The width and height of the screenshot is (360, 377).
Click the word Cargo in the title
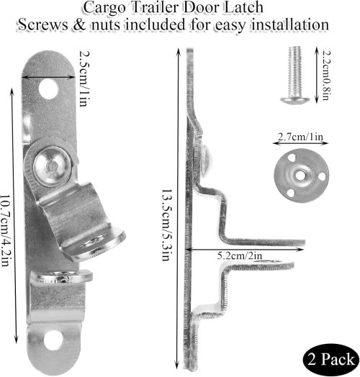tap(105, 8)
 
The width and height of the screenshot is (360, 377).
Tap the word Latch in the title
tap(243, 7)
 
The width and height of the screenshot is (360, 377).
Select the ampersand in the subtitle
tap(79, 24)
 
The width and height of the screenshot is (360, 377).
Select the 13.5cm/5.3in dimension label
tap(166, 224)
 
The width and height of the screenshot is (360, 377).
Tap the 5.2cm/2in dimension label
tap(240, 255)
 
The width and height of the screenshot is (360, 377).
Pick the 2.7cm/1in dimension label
tap(300, 137)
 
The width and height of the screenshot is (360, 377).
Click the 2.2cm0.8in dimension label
tap(327, 75)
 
